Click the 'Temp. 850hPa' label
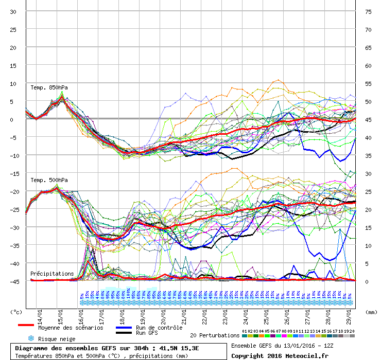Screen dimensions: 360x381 (49, 87)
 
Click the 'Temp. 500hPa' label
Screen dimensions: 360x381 (49, 180)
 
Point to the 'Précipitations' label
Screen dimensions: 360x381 (52, 274)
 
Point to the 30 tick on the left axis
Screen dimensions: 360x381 (13, 11)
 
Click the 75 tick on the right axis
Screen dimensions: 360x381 (368, 11)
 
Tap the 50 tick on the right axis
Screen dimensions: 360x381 (368, 101)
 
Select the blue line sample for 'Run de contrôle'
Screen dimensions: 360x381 (124, 327)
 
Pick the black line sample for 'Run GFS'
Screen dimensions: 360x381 (124, 333)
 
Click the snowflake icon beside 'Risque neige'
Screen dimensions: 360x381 (30, 338)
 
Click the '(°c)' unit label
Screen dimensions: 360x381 (16, 312)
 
